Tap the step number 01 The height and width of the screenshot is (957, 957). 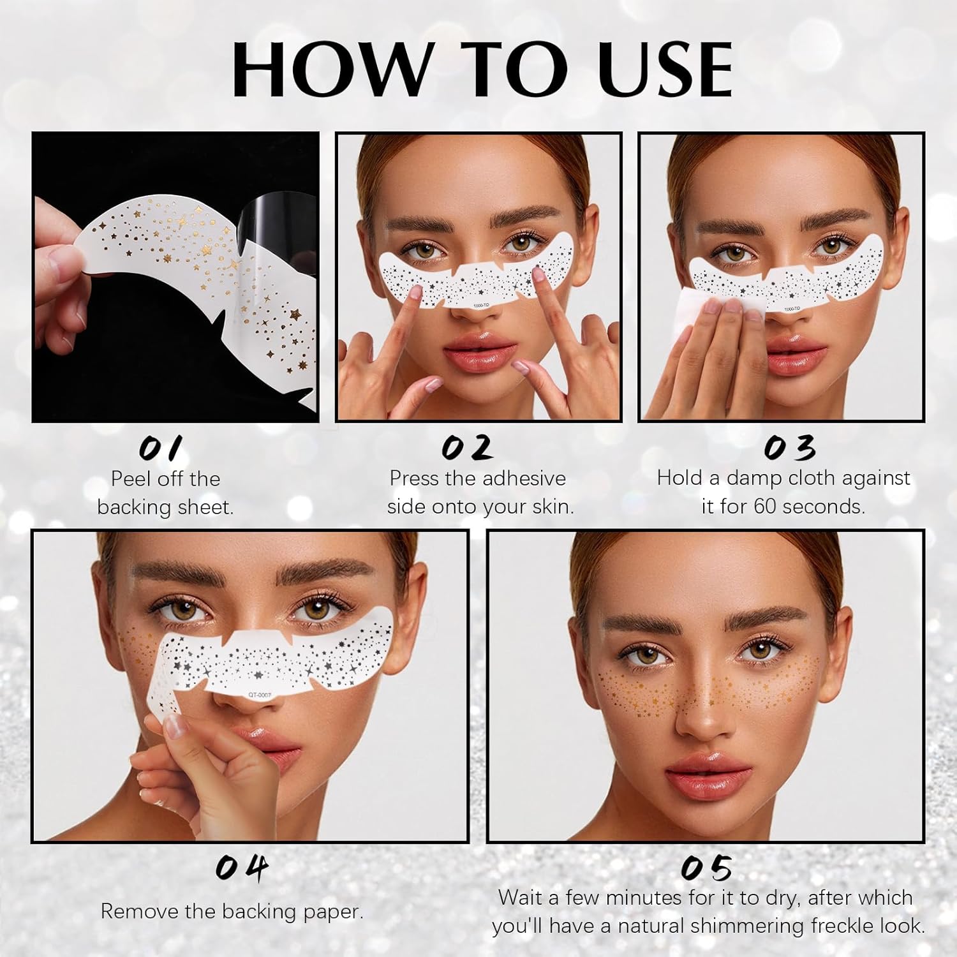[x=161, y=449]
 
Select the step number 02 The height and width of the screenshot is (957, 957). [x=467, y=448]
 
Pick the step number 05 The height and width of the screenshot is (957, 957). [x=705, y=868]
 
